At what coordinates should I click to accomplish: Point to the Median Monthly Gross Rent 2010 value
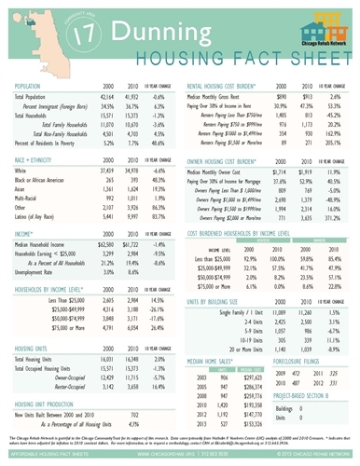point(282,97)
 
